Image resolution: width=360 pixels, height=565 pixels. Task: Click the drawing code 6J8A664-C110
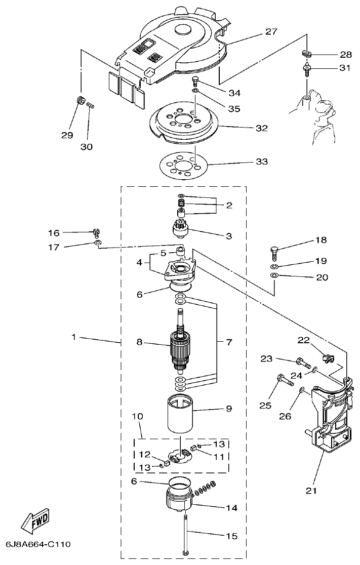(38, 545)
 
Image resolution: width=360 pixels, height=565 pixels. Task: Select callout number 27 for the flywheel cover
(271, 32)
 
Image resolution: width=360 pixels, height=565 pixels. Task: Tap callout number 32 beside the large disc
(261, 128)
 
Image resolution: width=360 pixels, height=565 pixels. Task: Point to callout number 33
(261, 162)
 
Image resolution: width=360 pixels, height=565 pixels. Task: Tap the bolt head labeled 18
(274, 250)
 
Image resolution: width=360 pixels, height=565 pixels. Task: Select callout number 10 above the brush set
(137, 416)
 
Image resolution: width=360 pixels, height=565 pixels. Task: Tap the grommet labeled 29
(79, 99)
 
